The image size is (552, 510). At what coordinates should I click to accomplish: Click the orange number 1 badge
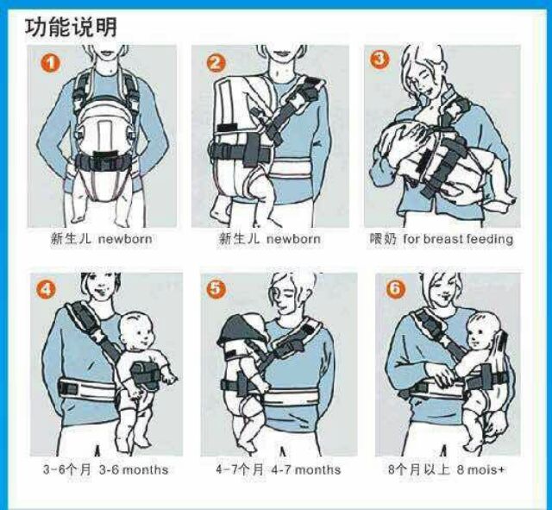tap(51, 64)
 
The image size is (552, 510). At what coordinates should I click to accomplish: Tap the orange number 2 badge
tap(216, 64)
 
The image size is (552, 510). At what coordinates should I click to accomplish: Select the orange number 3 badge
tap(379, 60)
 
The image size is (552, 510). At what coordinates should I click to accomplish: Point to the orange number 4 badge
tap(46, 290)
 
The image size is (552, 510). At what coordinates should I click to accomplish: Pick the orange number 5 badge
tap(216, 289)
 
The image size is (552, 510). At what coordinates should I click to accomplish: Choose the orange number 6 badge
tap(395, 289)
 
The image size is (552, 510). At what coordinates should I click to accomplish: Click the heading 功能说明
tap(71, 28)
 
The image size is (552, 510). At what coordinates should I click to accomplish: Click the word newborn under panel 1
tap(125, 239)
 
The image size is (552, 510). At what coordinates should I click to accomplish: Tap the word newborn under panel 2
tap(293, 239)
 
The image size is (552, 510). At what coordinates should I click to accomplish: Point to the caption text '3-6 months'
tap(134, 469)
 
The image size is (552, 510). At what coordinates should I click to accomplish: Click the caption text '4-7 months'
tap(306, 469)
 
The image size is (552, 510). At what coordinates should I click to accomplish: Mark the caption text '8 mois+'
tap(480, 469)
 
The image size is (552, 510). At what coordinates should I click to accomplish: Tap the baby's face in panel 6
tap(479, 334)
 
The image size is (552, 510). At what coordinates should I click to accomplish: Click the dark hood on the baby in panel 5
tap(240, 330)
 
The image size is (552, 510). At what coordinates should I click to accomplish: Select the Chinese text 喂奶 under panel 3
tap(383, 239)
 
